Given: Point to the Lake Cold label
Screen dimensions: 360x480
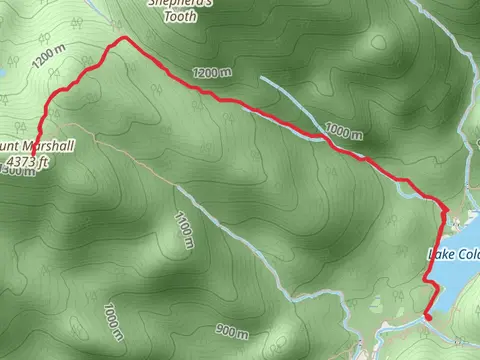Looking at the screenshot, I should [x=454, y=253].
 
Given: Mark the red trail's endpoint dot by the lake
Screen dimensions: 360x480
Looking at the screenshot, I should [x=428, y=316].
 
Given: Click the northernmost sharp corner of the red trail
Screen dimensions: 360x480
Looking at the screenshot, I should [x=124, y=38].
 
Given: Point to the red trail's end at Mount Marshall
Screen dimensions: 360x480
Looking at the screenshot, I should [x=37, y=140].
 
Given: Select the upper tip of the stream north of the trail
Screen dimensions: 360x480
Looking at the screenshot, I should [x=262, y=76].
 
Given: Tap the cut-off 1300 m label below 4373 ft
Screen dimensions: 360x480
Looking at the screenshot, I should [x=20, y=171].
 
